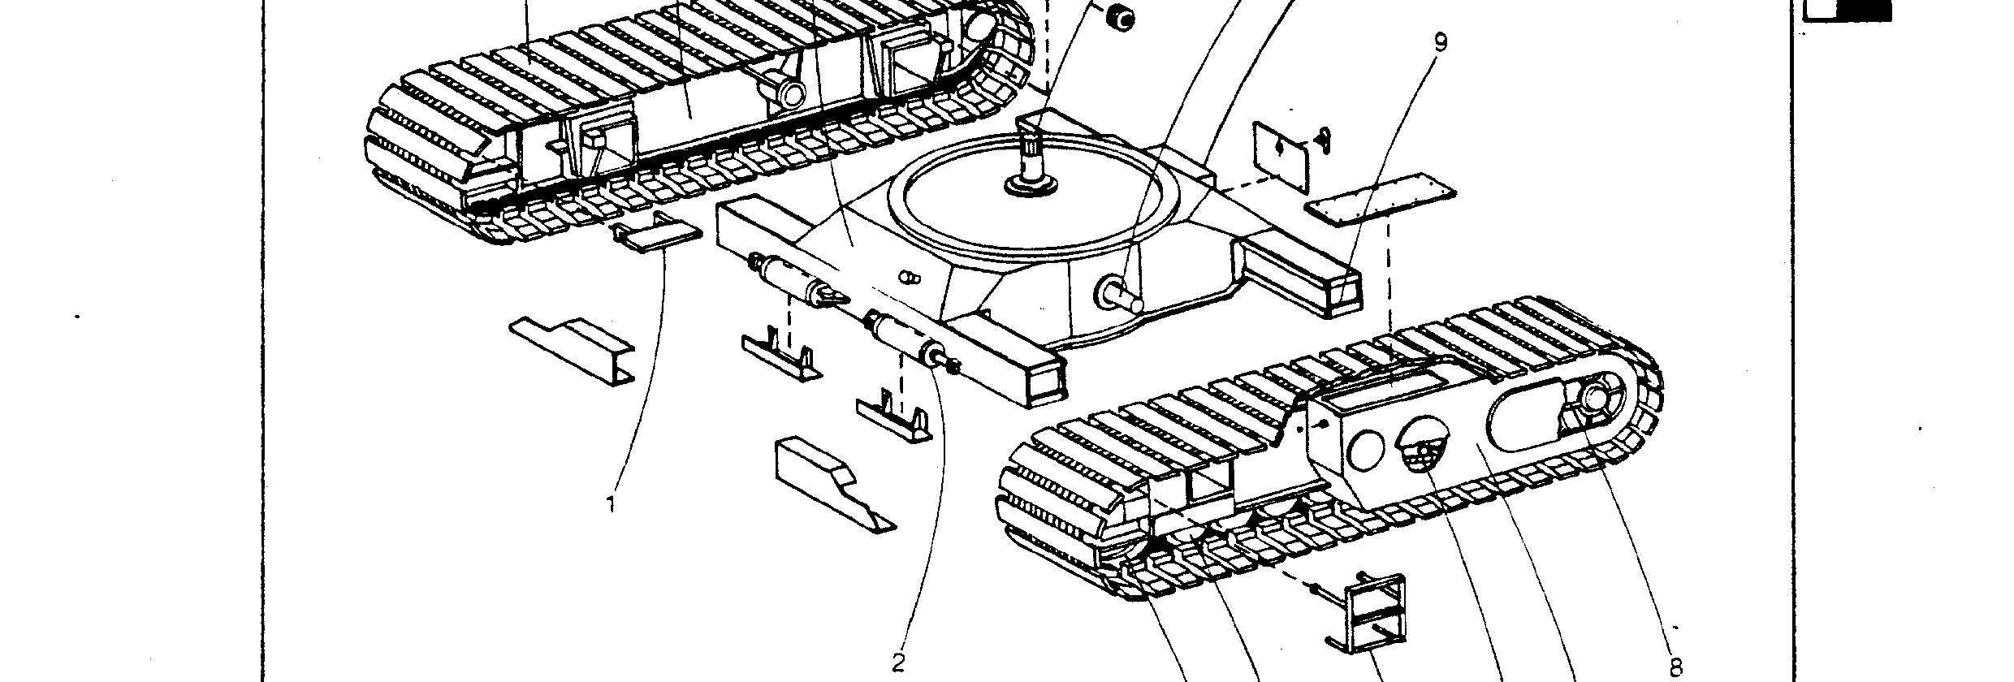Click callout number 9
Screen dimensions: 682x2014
[1440, 42]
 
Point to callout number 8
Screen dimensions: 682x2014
[1675, 667]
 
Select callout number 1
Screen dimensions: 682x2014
[611, 505]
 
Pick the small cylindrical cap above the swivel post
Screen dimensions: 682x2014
[1122, 17]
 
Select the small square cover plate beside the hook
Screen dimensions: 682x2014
[1281, 158]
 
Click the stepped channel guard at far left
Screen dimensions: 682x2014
[573, 350]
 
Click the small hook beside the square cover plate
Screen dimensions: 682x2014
[1325, 140]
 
